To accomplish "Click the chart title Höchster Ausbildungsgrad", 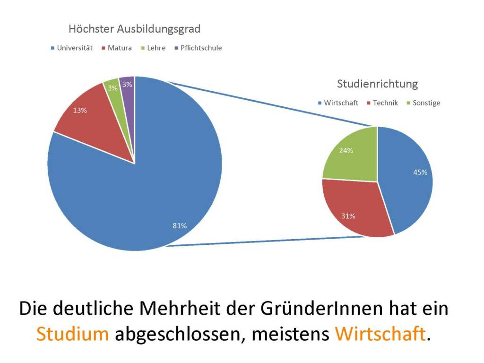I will coord(134,29).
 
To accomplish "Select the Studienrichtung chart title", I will coord(377,84).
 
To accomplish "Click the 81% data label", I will coord(180,226).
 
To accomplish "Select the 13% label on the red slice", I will coord(80,111).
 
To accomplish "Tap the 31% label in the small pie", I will coord(348,216).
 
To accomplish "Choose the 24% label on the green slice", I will coord(346,151).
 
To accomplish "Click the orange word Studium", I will coord(72,334).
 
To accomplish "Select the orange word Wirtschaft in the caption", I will coord(380,334).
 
